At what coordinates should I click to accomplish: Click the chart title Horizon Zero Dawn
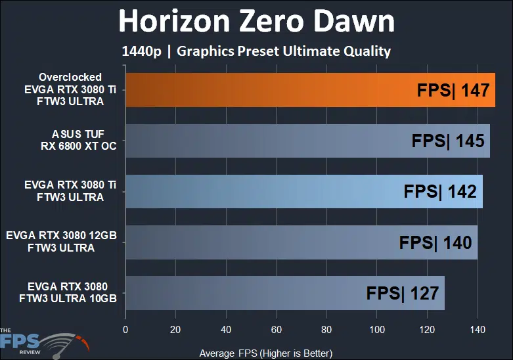coord(256,22)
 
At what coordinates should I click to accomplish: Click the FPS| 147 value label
coord(453,90)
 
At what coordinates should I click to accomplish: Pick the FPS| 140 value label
coord(435,242)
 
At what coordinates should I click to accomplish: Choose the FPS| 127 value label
coord(402,293)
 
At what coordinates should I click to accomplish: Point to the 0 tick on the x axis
coord(125,329)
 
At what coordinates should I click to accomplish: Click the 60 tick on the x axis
coord(276,329)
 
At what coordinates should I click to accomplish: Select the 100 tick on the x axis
coord(376,329)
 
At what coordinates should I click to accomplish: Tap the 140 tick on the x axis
coord(477,329)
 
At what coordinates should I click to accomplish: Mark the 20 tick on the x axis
coord(175,329)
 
